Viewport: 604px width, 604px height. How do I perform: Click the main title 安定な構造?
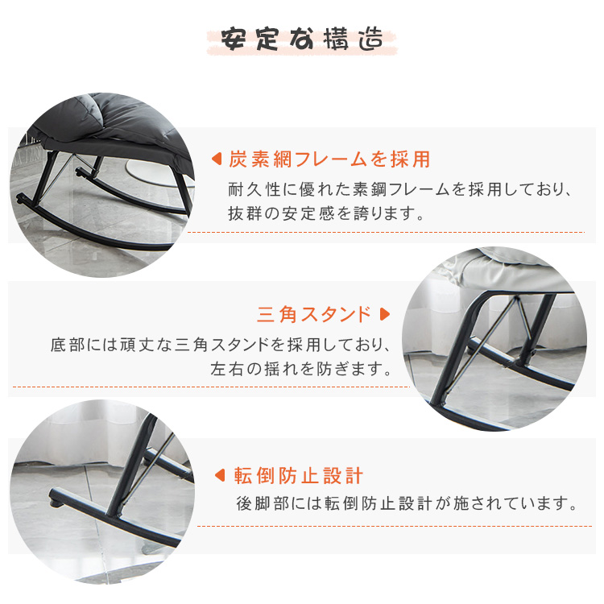[x=302, y=39]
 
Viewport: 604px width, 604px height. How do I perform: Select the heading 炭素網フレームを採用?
[x=329, y=159]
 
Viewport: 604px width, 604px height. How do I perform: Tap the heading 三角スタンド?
[x=314, y=314]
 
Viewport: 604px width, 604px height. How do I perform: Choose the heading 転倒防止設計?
[x=298, y=476]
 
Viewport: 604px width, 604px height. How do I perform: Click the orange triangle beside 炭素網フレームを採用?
[x=217, y=159]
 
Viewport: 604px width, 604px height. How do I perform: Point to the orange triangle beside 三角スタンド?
[x=384, y=314]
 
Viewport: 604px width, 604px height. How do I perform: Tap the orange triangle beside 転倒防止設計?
[x=220, y=475]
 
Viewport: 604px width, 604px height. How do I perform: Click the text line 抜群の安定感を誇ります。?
[x=326, y=213]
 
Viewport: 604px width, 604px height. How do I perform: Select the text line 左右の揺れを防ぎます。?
[x=301, y=369]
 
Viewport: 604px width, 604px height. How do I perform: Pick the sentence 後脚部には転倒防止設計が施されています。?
[x=407, y=503]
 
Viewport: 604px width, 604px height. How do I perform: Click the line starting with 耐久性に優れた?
[x=399, y=189]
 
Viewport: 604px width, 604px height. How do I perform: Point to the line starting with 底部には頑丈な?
[x=221, y=345]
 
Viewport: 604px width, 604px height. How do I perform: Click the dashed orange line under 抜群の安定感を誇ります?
[x=386, y=232]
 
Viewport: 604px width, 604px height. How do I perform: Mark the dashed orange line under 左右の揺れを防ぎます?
[x=211, y=387]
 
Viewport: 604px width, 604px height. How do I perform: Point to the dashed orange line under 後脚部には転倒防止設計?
[x=395, y=526]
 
